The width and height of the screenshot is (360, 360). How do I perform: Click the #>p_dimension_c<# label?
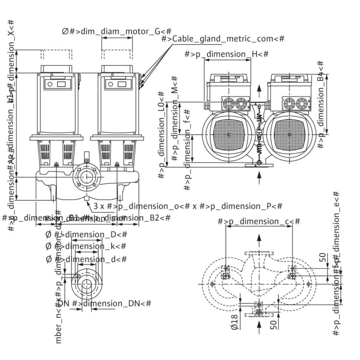pos(259,221)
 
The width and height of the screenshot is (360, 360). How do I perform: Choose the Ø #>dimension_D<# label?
pos(86,234)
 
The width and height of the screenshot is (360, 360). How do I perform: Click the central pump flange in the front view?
pos(86,177)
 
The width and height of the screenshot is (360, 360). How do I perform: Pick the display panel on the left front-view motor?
pos(57,84)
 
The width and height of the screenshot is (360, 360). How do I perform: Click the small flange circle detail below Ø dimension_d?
pos(86,283)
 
